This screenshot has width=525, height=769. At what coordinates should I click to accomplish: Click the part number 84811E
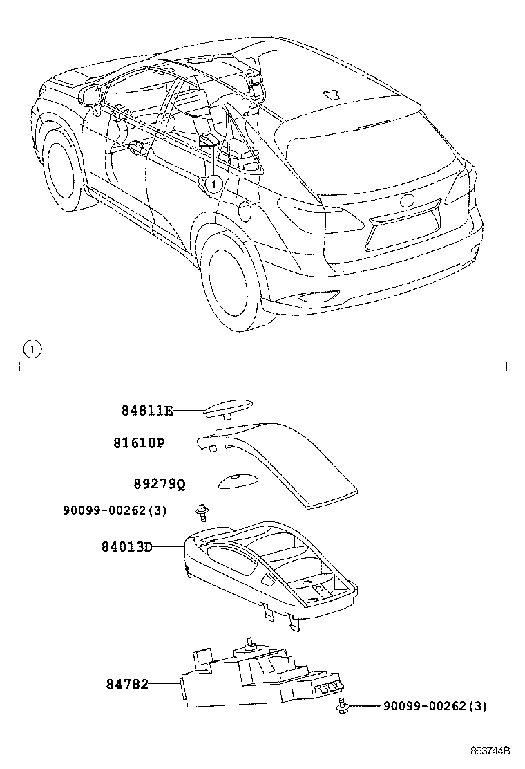tap(147, 411)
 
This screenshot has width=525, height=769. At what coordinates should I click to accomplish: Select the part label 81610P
tap(139, 443)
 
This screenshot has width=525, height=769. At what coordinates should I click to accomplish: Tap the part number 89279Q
tap(160, 484)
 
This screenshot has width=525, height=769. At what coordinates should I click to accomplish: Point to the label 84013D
tap(127, 546)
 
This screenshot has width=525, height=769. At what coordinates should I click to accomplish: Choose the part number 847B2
tap(127, 684)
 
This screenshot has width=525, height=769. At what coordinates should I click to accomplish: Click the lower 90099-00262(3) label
tap(435, 706)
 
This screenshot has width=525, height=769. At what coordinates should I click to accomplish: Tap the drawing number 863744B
tap(490, 751)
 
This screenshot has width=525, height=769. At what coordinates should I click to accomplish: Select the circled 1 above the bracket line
tap(32, 349)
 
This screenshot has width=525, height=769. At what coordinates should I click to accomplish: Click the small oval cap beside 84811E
tap(228, 409)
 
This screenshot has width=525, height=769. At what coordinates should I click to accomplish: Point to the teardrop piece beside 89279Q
tap(233, 482)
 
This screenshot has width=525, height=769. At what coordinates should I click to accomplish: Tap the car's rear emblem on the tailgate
tap(407, 201)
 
